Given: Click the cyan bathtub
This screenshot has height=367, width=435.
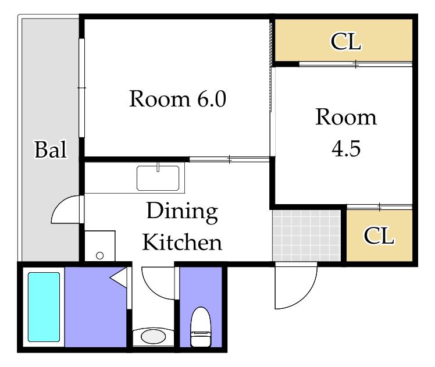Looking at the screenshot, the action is coord(44,307).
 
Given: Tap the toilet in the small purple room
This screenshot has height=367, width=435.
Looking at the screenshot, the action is coord(201,327).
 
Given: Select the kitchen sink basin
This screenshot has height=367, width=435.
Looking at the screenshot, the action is coord(158,178).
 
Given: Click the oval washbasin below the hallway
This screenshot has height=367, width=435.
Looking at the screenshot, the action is coord(153,337).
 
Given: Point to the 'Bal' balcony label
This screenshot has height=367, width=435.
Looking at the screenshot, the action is coord(51,149).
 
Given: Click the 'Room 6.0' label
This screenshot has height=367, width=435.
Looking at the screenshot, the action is coord(177,99).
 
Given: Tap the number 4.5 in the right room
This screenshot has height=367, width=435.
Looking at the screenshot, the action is coord(346,148).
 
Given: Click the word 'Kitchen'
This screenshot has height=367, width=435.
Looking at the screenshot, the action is coord(182,242).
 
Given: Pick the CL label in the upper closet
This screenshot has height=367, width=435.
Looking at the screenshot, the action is coord(345,42).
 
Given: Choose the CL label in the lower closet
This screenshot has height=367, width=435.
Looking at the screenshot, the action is coord(379,236).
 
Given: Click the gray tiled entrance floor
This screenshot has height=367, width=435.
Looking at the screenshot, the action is coord(306,236).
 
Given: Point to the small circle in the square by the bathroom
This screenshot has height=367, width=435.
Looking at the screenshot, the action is coord(99,256).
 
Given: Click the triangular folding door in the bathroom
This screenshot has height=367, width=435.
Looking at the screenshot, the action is coord(119,277).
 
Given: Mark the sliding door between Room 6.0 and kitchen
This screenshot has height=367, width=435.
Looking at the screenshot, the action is coord(230,159).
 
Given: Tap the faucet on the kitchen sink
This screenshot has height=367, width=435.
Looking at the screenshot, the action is coord(158,167).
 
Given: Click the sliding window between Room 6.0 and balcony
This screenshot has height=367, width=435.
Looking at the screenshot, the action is coord(81,88).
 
